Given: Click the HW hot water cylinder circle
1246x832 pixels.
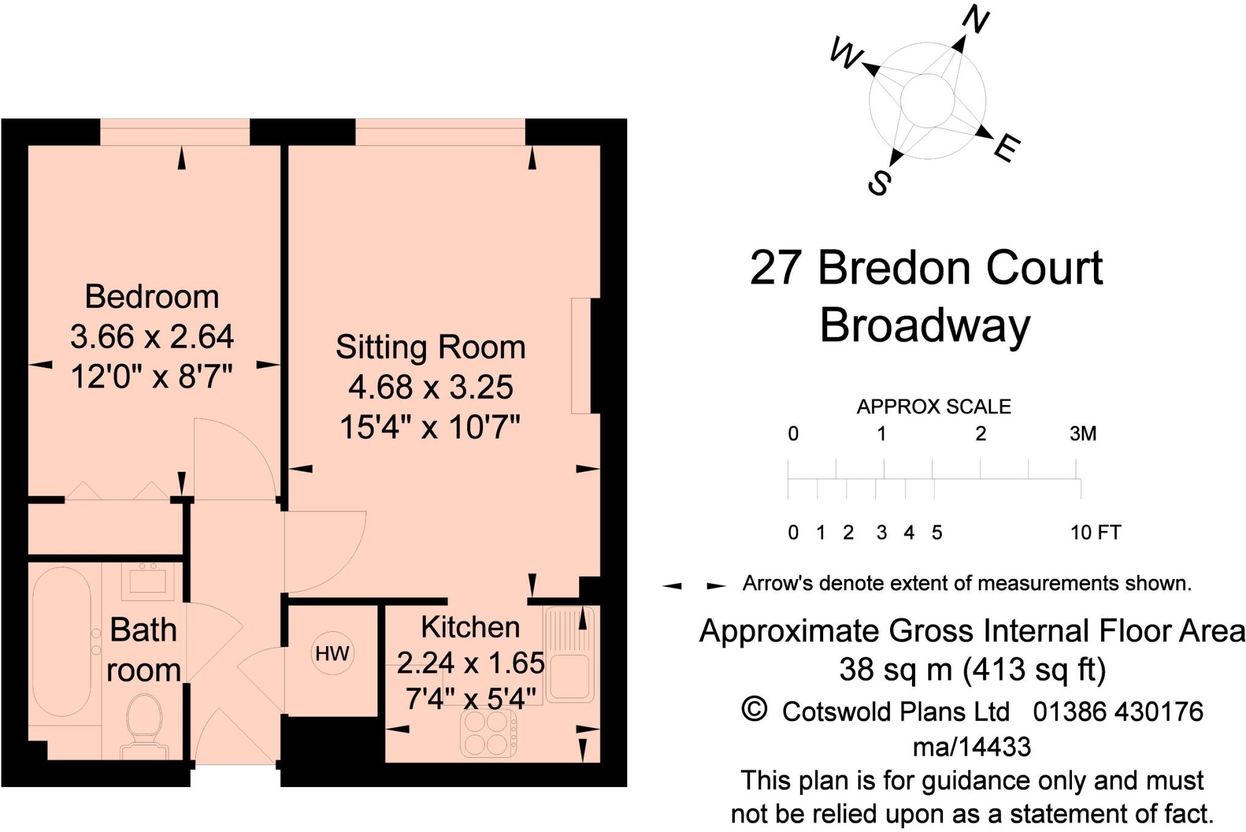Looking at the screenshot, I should [x=332, y=653].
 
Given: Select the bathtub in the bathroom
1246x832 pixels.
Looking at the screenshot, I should [x=61, y=642].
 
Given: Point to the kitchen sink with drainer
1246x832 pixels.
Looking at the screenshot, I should [x=569, y=654].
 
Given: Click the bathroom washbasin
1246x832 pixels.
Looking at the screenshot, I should [x=147, y=578].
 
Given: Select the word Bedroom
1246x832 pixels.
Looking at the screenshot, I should [x=151, y=297].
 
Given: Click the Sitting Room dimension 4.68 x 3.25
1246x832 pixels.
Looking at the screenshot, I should [x=430, y=387].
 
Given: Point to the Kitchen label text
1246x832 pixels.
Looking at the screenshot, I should [x=470, y=627].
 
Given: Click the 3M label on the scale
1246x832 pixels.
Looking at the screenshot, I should [x=1082, y=434].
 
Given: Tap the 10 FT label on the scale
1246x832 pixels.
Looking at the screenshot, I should [x=1095, y=533].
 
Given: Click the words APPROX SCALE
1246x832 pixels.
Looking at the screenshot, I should [x=933, y=406].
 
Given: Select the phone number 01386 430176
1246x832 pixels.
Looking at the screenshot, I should [x=1118, y=712].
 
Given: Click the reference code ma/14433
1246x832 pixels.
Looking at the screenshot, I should [x=972, y=746].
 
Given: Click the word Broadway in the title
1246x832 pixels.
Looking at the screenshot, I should [x=924, y=325].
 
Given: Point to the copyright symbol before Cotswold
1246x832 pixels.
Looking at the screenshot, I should [x=754, y=710].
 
